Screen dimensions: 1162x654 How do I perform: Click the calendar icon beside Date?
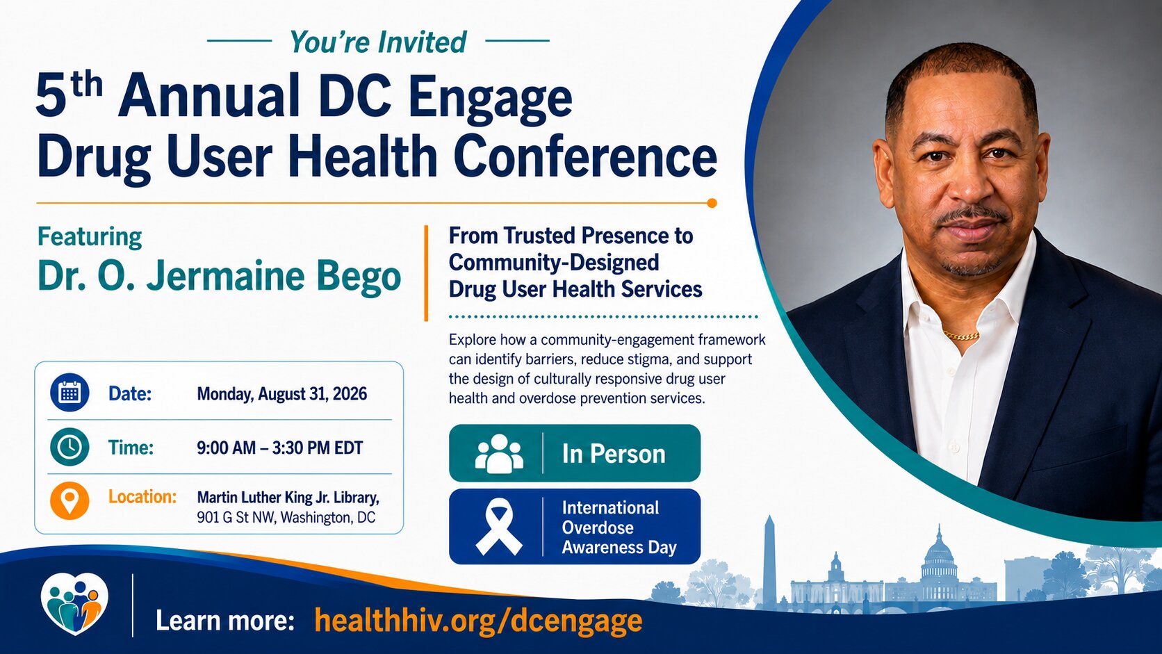[x=69, y=393]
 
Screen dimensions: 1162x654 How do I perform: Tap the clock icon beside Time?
[x=69, y=447]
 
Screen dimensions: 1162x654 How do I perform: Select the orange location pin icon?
[x=69, y=500]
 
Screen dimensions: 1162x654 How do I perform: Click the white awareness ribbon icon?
[x=498, y=527]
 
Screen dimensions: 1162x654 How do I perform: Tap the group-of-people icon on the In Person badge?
[x=499, y=453]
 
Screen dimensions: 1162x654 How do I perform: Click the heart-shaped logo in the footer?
[x=74, y=604]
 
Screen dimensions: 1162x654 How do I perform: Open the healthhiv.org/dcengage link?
[x=478, y=621]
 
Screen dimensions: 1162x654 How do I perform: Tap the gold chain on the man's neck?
[x=961, y=336]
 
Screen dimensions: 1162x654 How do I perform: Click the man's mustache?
[x=972, y=213]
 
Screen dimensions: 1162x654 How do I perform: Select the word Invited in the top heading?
[x=422, y=42]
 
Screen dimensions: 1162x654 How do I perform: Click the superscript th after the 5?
[x=87, y=84]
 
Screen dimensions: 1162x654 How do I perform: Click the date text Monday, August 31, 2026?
[x=281, y=394]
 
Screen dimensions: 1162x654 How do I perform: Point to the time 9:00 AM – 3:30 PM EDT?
[x=279, y=448]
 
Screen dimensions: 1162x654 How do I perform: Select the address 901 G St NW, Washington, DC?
[x=286, y=518]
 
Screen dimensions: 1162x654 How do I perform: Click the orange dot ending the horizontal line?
[x=712, y=203]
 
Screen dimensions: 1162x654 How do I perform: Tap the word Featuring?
[x=89, y=238]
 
